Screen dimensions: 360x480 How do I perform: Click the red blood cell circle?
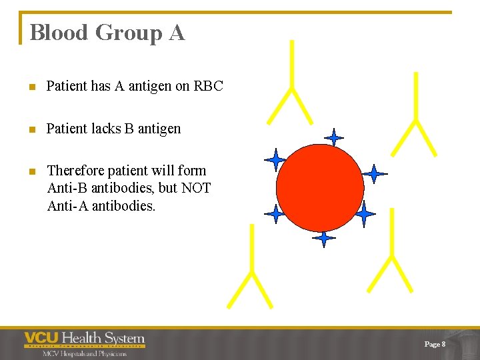pos(320,187)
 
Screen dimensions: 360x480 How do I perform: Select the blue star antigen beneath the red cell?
pos(324,238)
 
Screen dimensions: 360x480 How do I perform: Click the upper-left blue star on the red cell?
pos(275,160)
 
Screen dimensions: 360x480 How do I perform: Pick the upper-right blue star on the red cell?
pos(374,174)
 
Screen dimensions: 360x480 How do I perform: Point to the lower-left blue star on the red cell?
pos(275,214)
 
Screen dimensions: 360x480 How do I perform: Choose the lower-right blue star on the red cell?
pos(364,214)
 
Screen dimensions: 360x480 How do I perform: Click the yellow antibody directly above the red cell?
pos(291,87)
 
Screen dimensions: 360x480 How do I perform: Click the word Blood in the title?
pos(59,33)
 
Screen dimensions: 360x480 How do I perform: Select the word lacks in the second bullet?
pos(105,129)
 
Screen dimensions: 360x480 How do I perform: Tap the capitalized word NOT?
pos(196,188)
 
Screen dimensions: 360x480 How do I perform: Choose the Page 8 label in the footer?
pos(434,344)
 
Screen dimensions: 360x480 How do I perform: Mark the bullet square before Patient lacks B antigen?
pos(31,129)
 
